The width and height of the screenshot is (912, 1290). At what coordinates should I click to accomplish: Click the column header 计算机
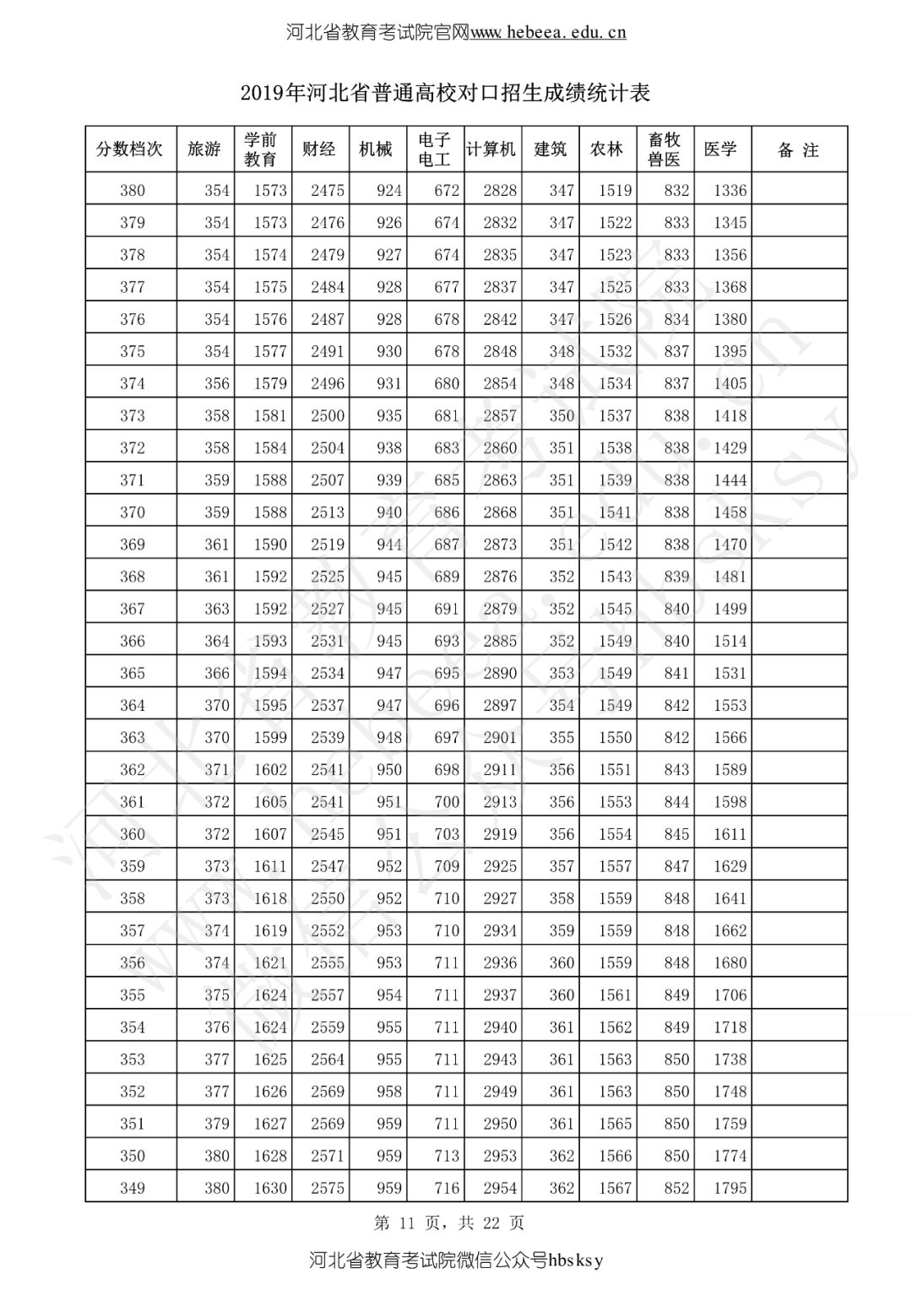[491, 149]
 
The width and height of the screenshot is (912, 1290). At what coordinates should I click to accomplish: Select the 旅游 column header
[204, 149]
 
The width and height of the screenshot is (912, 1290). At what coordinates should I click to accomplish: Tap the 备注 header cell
[798, 150]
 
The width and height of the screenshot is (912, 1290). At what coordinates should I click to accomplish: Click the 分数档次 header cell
[130, 149]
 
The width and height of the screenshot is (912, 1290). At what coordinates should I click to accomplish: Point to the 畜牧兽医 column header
[665, 149]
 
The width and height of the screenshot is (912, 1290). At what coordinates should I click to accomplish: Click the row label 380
[133, 191]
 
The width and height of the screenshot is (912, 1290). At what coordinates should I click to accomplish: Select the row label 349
[133, 1188]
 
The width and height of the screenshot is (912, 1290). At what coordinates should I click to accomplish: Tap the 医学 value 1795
[730, 1188]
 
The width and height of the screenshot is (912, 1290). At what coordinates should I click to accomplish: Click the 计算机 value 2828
[500, 191]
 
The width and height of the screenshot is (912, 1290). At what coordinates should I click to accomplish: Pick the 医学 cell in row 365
[730, 673]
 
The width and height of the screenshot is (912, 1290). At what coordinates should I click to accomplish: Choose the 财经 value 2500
[328, 415]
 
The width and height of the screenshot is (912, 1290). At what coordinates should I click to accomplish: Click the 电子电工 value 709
[447, 866]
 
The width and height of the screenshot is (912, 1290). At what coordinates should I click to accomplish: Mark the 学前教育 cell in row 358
[270, 898]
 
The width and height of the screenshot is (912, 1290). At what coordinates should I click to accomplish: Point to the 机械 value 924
[389, 191]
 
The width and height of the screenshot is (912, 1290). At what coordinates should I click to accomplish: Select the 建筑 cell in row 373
[562, 415]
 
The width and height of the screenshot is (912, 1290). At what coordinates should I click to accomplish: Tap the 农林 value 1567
[615, 1188]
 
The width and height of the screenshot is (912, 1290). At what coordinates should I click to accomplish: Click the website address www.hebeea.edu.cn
[548, 33]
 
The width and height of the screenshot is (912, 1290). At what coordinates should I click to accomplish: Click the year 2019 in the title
[260, 93]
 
